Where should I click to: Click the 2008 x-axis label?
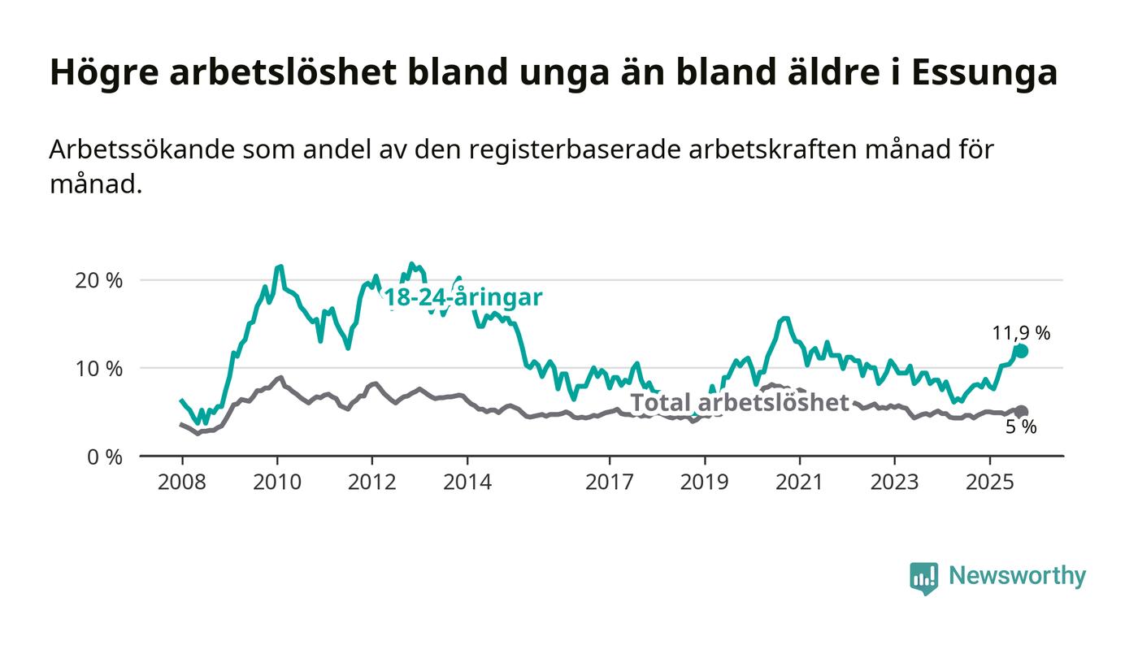(x=182, y=483)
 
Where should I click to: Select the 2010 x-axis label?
(x=277, y=483)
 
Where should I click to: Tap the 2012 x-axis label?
(x=372, y=483)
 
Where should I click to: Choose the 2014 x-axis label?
(x=467, y=483)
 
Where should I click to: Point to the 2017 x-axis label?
(x=610, y=483)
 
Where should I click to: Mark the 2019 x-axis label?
(x=705, y=483)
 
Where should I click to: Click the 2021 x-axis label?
(x=800, y=483)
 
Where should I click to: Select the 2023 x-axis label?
(x=895, y=483)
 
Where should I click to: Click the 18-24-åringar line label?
(x=463, y=297)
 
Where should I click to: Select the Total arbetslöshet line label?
(x=740, y=402)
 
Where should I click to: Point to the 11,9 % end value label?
(x=1021, y=333)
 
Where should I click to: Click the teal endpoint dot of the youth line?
(x=1022, y=351)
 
